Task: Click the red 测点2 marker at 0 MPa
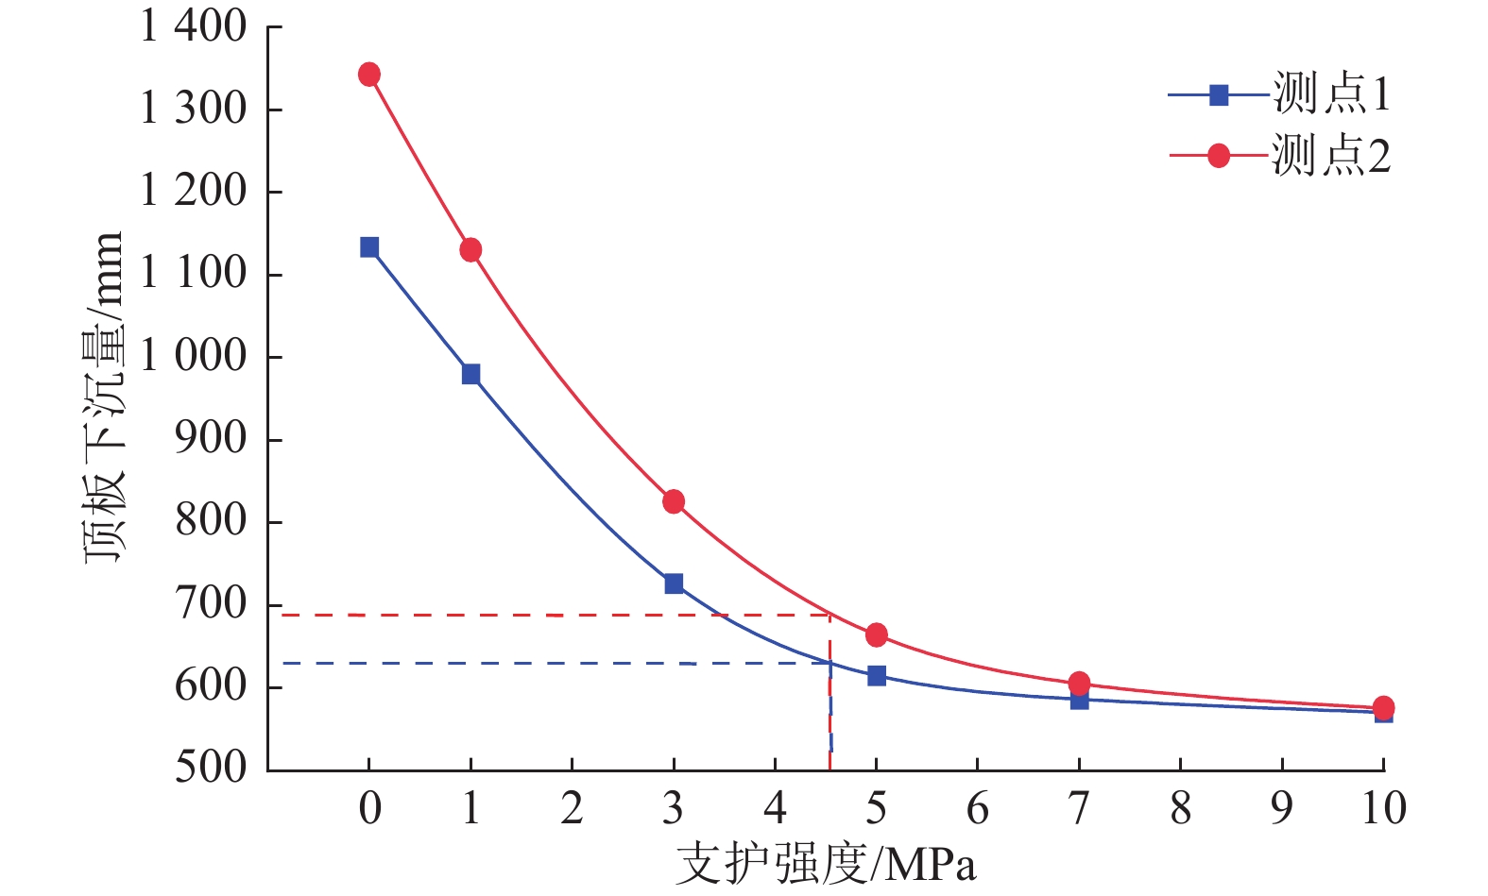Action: [x=369, y=75]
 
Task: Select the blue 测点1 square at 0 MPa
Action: [x=369, y=247]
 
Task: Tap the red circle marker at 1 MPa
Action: [x=470, y=250]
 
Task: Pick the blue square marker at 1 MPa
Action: [x=470, y=375]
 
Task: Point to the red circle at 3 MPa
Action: [x=674, y=501]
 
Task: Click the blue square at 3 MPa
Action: [x=674, y=583]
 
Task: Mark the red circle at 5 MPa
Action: [x=877, y=634]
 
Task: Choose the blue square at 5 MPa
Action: [x=877, y=675]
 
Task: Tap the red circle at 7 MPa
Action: [x=1079, y=683]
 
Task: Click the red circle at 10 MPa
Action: [x=1383, y=707]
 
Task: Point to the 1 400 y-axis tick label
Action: [x=193, y=26]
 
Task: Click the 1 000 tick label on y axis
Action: [x=193, y=357]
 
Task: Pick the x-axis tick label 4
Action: [x=775, y=808]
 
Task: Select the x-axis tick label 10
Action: [x=1383, y=808]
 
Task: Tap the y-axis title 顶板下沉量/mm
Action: [x=104, y=397]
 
